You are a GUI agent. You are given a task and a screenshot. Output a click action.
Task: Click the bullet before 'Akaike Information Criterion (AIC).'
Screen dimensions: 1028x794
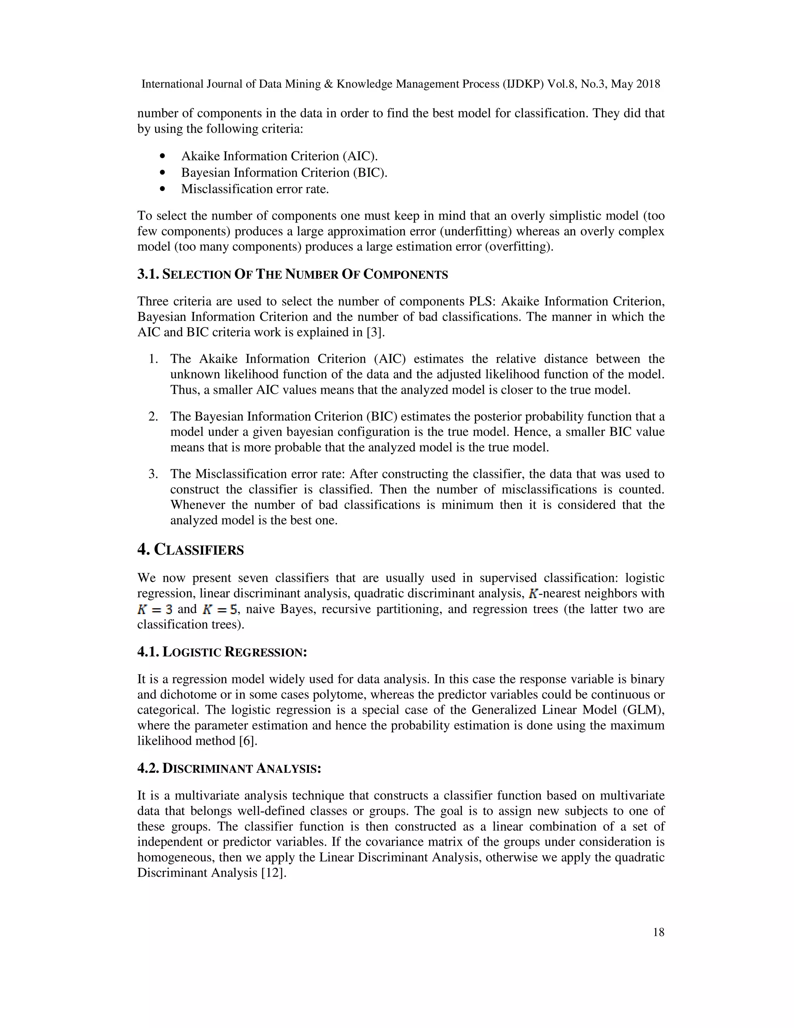click(x=163, y=156)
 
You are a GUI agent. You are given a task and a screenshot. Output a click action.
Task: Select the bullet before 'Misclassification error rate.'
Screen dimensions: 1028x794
click(x=163, y=189)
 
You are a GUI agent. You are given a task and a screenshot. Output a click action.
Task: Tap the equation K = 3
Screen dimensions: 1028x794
click(x=155, y=609)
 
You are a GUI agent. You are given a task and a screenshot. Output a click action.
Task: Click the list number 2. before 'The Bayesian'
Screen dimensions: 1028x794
click(x=154, y=417)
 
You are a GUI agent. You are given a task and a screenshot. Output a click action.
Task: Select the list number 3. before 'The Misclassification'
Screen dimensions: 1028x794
click(x=154, y=474)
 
